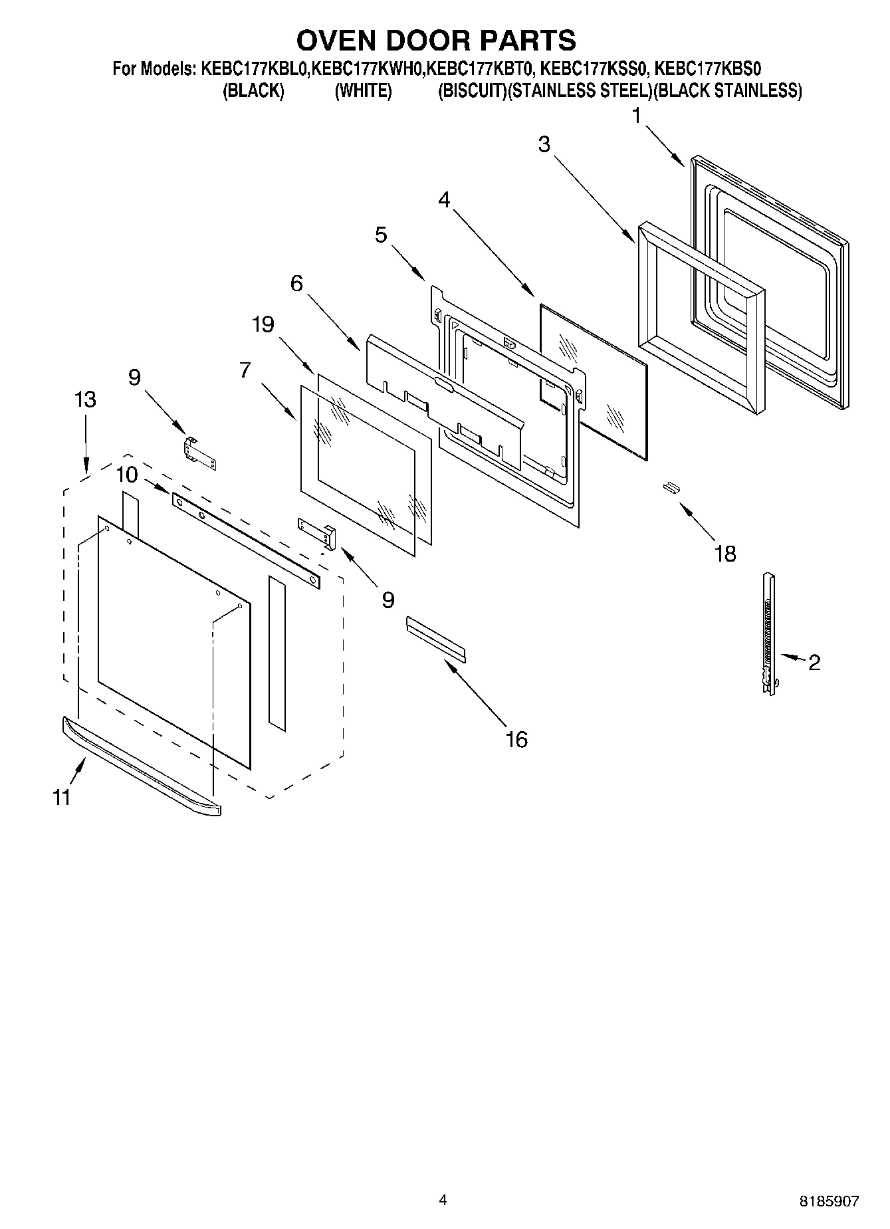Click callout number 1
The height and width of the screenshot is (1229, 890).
pos(636,117)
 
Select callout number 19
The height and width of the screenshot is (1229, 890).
pos(263,324)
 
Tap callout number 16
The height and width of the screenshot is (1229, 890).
pos(516,739)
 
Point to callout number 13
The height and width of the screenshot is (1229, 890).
pos(85,399)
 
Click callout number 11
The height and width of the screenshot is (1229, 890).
pos(62,797)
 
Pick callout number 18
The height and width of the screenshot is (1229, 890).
pos(725,553)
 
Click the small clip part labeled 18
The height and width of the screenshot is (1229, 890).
pos(671,489)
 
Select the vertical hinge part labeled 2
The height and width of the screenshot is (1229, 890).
pos(769,635)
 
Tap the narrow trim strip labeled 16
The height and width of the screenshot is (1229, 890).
pos(436,639)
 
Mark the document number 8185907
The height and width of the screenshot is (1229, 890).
pos(829,1201)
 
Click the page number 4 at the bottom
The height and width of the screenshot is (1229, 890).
pos(443,1200)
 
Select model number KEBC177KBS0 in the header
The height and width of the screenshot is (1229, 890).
pos(709,68)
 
